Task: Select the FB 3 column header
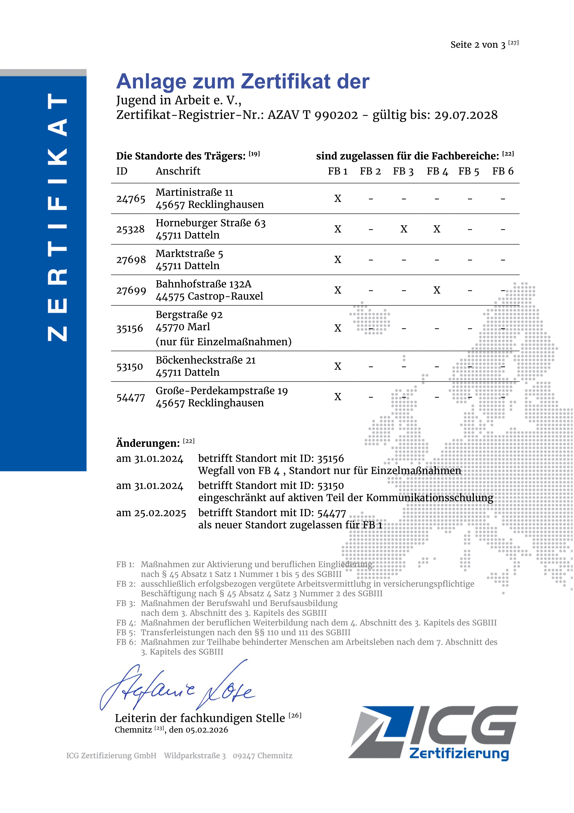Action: (403, 171)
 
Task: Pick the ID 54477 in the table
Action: (131, 398)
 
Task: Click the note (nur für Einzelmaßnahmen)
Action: (224, 342)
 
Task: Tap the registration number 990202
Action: (336, 115)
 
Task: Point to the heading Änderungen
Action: (148, 443)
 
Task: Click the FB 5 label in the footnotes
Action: (125, 632)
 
